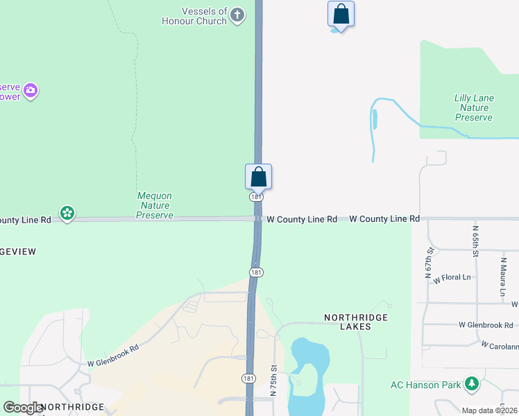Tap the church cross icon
point(237,15)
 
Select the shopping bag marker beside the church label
point(341,15)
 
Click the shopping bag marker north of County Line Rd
point(258,177)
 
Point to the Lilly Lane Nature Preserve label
point(474,107)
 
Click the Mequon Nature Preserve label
point(154,205)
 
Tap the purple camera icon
point(30,91)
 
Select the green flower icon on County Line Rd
point(67,213)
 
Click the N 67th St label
point(429,261)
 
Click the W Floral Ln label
point(452,279)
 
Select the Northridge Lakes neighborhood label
point(356,322)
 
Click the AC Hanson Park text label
point(425,385)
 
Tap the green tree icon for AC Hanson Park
point(472,383)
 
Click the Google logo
point(23,408)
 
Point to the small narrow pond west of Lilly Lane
point(375,119)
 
